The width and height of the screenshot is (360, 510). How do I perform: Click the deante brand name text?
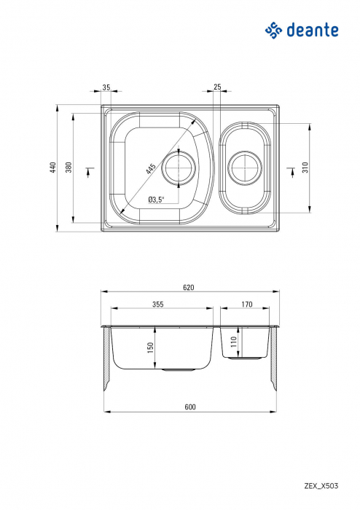click(313, 30)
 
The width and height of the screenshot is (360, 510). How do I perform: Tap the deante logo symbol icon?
click(273, 30)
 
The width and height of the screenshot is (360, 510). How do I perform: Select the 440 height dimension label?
click(52, 168)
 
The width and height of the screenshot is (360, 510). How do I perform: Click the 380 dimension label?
click(69, 168)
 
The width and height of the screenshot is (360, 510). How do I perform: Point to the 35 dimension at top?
click(106, 87)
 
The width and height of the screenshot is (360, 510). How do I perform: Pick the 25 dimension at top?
click(217, 87)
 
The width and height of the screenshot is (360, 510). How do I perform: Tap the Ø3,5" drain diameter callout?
click(156, 199)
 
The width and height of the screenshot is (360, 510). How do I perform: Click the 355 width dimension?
click(158, 305)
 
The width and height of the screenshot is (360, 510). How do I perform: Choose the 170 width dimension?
click(246, 305)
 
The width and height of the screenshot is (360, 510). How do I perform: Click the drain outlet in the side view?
click(179, 370)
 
